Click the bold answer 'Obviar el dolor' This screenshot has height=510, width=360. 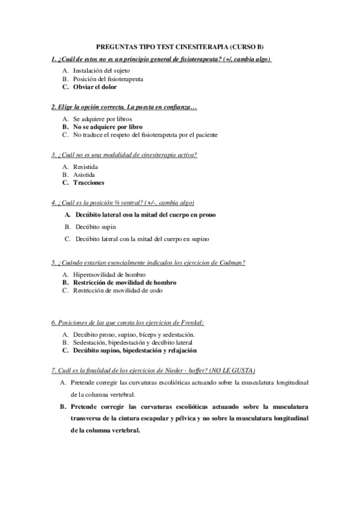(95, 87)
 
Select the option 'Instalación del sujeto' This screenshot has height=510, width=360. (100, 70)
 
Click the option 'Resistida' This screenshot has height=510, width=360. (86, 166)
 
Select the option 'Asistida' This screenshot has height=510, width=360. (84, 174)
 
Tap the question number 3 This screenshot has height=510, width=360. (53, 155)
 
